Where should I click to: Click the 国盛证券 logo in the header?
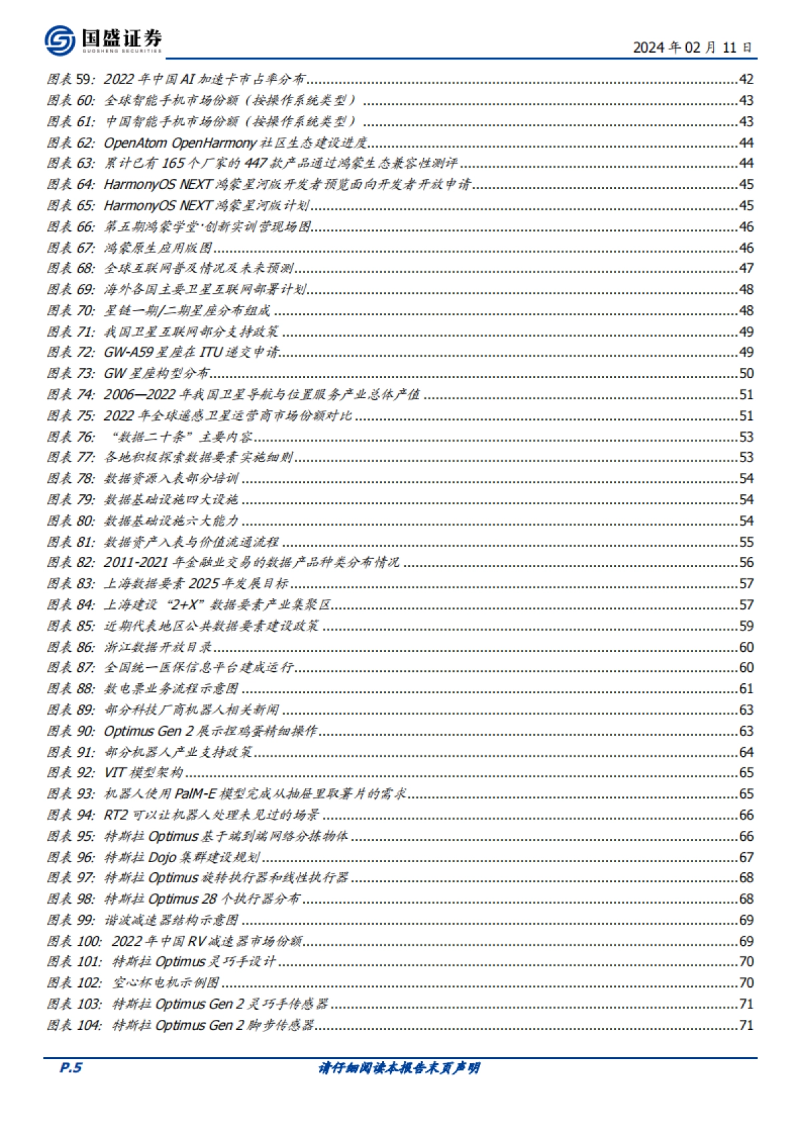tap(103, 40)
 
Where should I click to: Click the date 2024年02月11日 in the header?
tap(692, 47)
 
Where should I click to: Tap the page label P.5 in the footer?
tap(70, 1067)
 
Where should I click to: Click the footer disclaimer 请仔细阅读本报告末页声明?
tap(399, 1068)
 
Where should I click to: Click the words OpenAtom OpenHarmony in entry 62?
tap(180, 143)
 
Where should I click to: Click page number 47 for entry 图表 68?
tap(746, 268)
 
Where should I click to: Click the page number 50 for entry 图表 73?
tap(746, 374)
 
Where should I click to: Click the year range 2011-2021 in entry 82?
tap(136, 563)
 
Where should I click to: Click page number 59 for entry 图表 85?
tap(746, 626)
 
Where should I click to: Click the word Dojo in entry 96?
tap(162, 858)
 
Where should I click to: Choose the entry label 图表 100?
tap(74, 942)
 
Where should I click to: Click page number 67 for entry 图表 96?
tap(746, 858)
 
